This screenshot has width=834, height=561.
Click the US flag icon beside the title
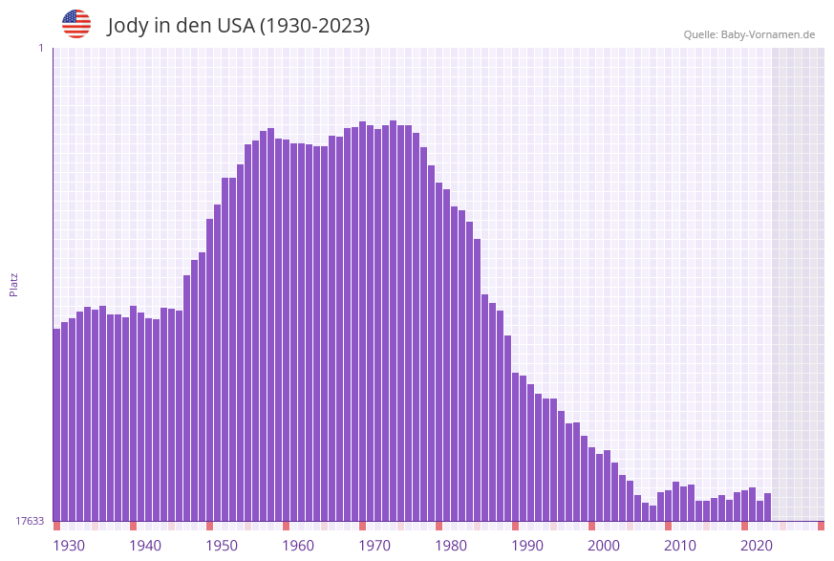(x=76, y=24)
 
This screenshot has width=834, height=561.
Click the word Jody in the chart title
(x=129, y=26)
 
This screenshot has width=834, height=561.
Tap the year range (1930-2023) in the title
(x=314, y=26)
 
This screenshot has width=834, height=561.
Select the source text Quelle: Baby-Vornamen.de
(x=749, y=34)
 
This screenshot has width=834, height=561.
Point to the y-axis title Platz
(x=14, y=284)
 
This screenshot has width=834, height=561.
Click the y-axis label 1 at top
(x=40, y=48)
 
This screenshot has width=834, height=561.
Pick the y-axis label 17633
(x=30, y=521)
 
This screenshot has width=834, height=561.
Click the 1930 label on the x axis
(x=68, y=546)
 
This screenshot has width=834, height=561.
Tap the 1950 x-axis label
(x=222, y=546)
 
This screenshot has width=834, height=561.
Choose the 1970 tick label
(x=374, y=546)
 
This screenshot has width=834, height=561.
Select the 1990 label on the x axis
(x=527, y=546)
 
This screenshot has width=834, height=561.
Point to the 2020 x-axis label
(x=757, y=546)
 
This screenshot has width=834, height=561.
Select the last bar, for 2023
(x=767, y=507)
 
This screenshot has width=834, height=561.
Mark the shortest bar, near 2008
(x=653, y=514)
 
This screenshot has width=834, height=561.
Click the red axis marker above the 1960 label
(x=286, y=526)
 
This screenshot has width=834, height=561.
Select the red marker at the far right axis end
(x=821, y=526)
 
